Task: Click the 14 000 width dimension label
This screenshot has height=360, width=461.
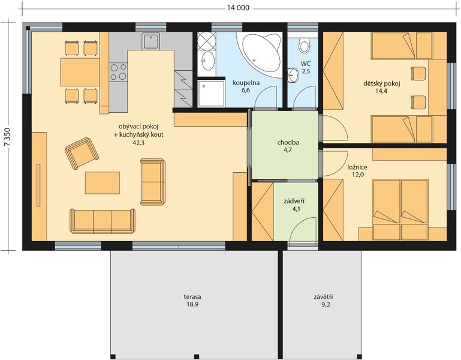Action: click(238, 8)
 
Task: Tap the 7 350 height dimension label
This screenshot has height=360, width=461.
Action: click(8, 137)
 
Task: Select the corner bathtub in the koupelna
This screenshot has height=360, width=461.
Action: click(260, 53)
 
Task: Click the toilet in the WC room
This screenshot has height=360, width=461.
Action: click(305, 45)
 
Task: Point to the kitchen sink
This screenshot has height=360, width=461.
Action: click(151, 41)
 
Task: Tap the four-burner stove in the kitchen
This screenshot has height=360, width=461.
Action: click(118, 72)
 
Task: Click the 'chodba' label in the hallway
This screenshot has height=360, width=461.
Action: click(288, 143)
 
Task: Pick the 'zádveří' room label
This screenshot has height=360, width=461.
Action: click(294, 202)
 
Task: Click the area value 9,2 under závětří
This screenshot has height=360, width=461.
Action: click(326, 305)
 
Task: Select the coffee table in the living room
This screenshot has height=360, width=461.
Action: click(103, 183)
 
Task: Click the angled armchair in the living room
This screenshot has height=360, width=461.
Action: click(82, 153)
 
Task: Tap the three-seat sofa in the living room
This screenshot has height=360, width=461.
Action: click(103, 221)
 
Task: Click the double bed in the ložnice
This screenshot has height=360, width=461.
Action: click(400, 210)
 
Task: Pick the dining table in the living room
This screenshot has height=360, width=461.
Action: click(80, 72)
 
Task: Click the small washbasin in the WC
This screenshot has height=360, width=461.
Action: click(293, 76)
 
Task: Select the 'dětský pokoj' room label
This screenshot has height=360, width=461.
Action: click(382, 84)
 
